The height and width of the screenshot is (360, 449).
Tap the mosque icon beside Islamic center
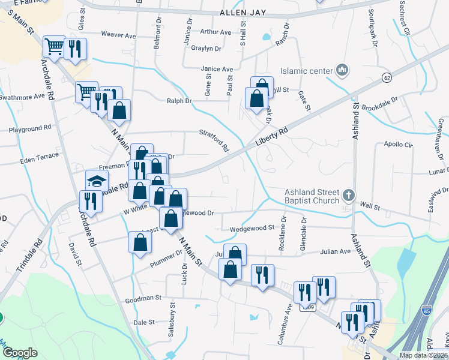pos(343,71)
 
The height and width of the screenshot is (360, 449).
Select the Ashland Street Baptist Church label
pos(312,196)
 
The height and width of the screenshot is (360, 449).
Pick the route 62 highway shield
pos(386,78)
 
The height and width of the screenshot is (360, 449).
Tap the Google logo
pos(20,353)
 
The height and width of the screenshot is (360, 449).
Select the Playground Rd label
pos(30,128)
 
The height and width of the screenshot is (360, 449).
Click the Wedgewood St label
pos(252,228)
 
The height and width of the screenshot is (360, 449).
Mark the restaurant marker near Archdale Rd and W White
pos(91,200)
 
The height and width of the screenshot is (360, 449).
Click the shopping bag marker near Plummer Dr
pos(140,242)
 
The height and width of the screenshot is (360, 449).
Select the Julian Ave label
pos(336,251)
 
